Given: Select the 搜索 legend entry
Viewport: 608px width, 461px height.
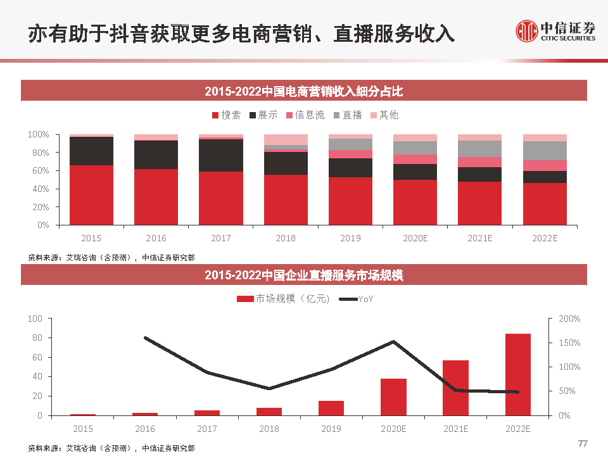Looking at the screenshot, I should tap(226, 115).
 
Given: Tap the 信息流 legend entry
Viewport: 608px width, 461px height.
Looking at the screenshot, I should tap(305, 115).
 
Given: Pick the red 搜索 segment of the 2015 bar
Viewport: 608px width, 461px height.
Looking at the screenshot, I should tap(91, 195).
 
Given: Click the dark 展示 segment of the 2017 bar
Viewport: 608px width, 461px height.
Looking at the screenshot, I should tap(220, 155).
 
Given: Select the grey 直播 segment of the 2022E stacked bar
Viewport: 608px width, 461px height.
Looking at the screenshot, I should tap(544, 151).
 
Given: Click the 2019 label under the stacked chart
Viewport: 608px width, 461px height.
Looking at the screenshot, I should tap(350, 238).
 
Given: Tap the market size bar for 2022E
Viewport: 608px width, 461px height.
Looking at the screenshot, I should tap(517, 374).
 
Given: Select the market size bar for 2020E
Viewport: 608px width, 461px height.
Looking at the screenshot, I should tap(393, 397).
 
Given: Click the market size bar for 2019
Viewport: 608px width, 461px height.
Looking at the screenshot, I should tap(331, 408).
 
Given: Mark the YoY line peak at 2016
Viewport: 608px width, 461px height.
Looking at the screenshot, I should tap(145, 338).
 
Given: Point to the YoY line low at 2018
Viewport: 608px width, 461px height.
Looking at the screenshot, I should tap(269, 388).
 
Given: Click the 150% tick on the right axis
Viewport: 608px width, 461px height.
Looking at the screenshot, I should tap(569, 343).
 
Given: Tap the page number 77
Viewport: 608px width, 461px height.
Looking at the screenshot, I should tap(583, 443).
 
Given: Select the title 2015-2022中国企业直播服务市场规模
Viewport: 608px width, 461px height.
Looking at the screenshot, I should tap(304, 275).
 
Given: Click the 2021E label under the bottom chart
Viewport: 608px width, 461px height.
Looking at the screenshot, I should tap(455, 429).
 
